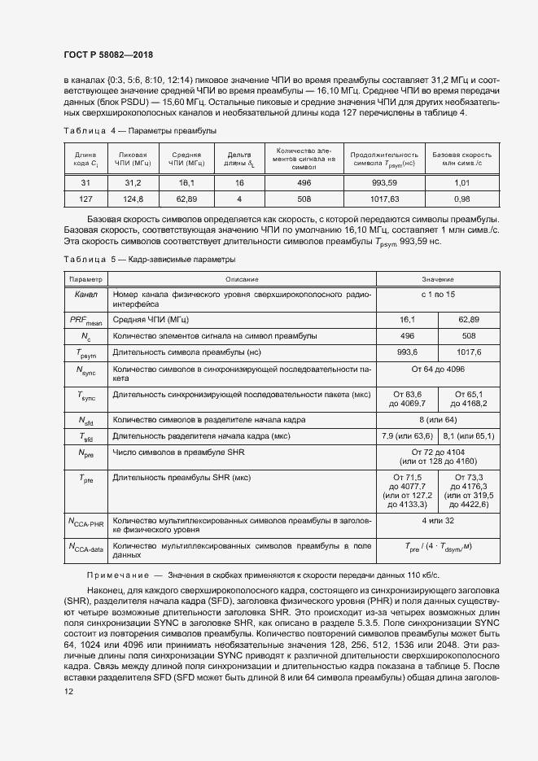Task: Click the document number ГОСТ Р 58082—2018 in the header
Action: (x=108, y=55)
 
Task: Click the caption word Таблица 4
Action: (x=84, y=130)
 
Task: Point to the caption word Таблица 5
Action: (x=84, y=259)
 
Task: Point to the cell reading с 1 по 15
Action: (x=438, y=293)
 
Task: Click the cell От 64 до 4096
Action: (x=438, y=372)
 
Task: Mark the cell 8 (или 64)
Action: (x=438, y=420)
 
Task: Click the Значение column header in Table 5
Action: (x=438, y=278)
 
